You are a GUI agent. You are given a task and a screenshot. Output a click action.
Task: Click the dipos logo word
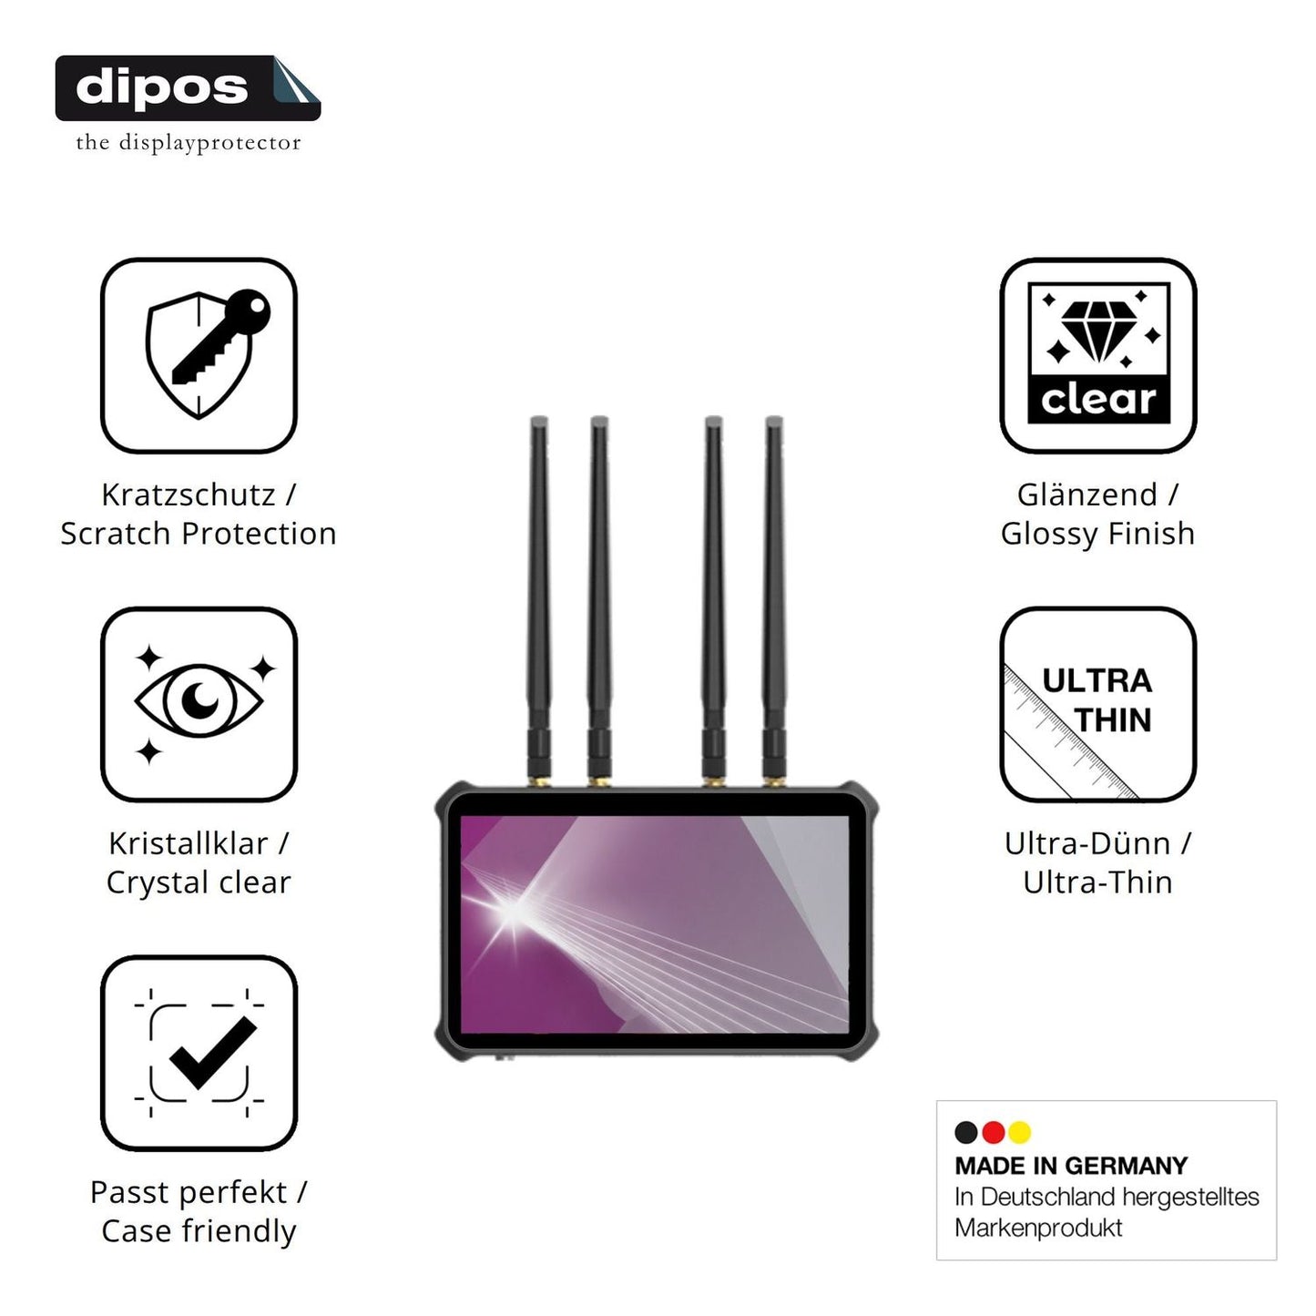click(161, 88)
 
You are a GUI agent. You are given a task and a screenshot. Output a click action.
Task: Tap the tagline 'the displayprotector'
click(188, 143)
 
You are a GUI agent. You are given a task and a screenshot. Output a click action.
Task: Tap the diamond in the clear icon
click(1099, 332)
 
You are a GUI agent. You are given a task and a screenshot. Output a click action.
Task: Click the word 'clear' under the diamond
click(1098, 400)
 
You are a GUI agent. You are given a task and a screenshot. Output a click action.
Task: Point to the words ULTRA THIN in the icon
click(1097, 700)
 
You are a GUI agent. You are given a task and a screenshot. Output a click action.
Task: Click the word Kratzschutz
click(189, 495)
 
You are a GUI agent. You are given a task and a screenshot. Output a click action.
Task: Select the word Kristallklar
click(189, 843)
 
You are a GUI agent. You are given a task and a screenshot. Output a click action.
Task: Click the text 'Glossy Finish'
click(1097, 534)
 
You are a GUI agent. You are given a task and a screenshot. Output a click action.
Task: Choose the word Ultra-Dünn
click(1088, 843)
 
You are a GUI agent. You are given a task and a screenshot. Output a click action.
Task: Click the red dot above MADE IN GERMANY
click(993, 1133)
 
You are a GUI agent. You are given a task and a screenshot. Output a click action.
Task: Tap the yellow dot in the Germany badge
click(1020, 1133)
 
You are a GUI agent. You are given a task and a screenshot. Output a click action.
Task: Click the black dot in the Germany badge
click(965, 1133)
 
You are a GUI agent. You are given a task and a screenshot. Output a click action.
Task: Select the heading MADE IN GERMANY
click(1072, 1166)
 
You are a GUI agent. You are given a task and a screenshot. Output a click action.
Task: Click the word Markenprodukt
click(1038, 1228)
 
